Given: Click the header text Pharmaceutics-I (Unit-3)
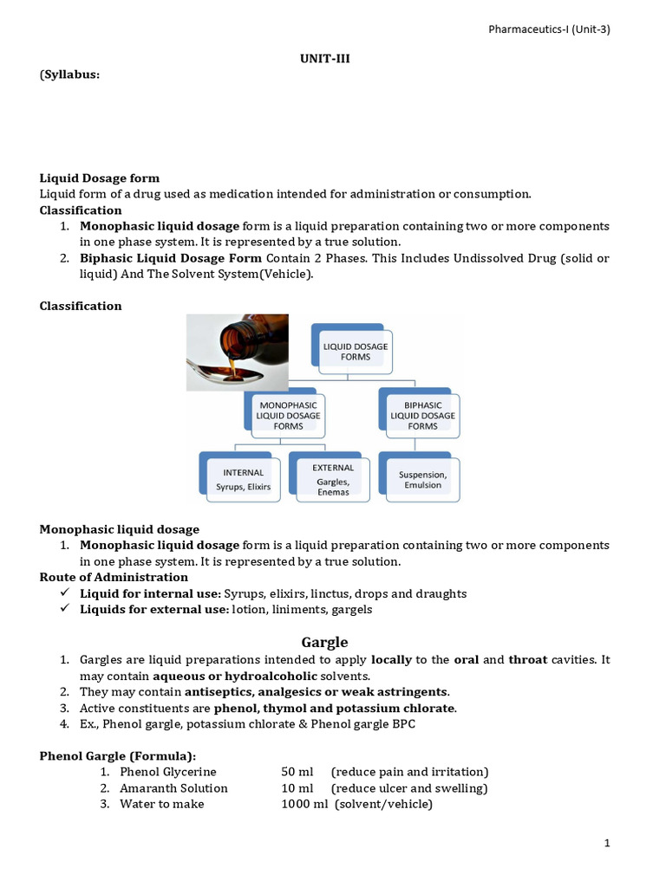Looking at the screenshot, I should (x=549, y=29).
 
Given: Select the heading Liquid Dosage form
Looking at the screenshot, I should (x=100, y=178).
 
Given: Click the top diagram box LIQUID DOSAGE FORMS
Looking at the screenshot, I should (x=356, y=351).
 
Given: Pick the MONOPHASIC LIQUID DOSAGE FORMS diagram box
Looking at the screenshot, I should (x=283, y=415).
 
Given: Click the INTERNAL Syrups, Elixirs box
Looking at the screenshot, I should (x=242, y=479).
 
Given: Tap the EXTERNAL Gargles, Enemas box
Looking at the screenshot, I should (x=332, y=479).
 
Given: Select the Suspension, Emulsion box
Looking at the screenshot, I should (x=422, y=479).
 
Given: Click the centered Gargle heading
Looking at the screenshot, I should (x=324, y=642).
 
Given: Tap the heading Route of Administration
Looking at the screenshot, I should (x=114, y=577).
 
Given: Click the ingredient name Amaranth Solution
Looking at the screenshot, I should (x=173, y=788).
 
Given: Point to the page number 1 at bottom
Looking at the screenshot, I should (x=608, y=843).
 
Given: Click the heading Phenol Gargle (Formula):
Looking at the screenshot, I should (x=118, y=755).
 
